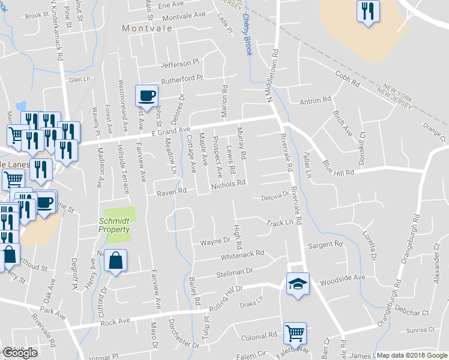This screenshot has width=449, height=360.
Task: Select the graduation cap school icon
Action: click(x=297, y=284)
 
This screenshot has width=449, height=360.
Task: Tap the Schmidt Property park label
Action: click(x=115, y=225)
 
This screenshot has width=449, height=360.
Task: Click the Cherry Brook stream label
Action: click(x=247, y=36)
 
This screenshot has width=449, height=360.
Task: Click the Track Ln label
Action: click(x=279, y=222)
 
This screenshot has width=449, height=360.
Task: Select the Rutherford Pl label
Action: click(x=182, y=79)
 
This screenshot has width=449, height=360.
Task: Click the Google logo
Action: click(x=20, y=353)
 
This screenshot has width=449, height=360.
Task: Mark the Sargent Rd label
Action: click(x=325, y=245)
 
